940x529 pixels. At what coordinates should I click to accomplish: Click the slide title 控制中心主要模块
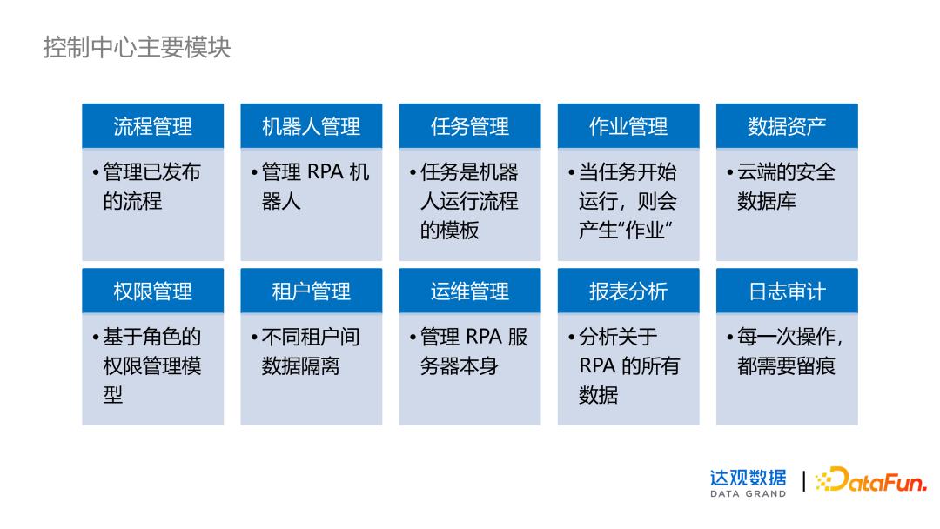point(137,47)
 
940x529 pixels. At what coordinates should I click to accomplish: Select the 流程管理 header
point(152,126)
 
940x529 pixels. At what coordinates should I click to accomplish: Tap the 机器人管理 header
point(311,126)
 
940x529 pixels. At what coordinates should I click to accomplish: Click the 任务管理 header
point(470,126)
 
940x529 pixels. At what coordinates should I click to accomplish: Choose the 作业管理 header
point(628,126)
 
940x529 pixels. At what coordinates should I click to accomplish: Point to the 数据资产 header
point(787,126)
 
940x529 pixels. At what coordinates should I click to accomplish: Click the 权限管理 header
point(152,291)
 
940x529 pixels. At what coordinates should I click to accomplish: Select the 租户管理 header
point(311,291)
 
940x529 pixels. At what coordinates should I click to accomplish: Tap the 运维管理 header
point(470,291)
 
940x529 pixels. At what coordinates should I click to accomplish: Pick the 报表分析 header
point(628,291)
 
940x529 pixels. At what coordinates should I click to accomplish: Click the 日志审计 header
point(787,291)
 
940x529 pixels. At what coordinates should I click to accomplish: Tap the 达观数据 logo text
point(748,477)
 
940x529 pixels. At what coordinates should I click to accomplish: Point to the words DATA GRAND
point(748,494)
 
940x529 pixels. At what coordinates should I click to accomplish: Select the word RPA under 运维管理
point(484,337)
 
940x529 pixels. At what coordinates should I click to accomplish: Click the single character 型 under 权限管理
point(113,395)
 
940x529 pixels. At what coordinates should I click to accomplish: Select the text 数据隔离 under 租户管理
point(300,366)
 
